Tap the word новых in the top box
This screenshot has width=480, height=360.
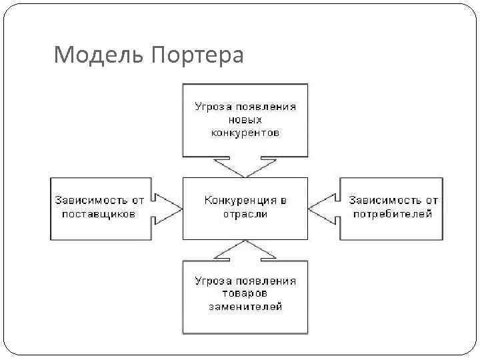tap(245, 119)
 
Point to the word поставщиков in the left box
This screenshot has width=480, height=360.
tap(99, 214)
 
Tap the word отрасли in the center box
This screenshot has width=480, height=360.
tap(245, 214)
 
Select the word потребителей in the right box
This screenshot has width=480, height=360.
tap(393, 214)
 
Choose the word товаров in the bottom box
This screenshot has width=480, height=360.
tap(245, 293)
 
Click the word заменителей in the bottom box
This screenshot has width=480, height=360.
tap(245, 307)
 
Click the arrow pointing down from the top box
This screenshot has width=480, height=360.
tap(245, 166)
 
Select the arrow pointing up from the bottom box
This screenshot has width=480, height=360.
tap(245, 250)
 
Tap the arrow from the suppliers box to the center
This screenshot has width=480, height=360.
tap(167, 207)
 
